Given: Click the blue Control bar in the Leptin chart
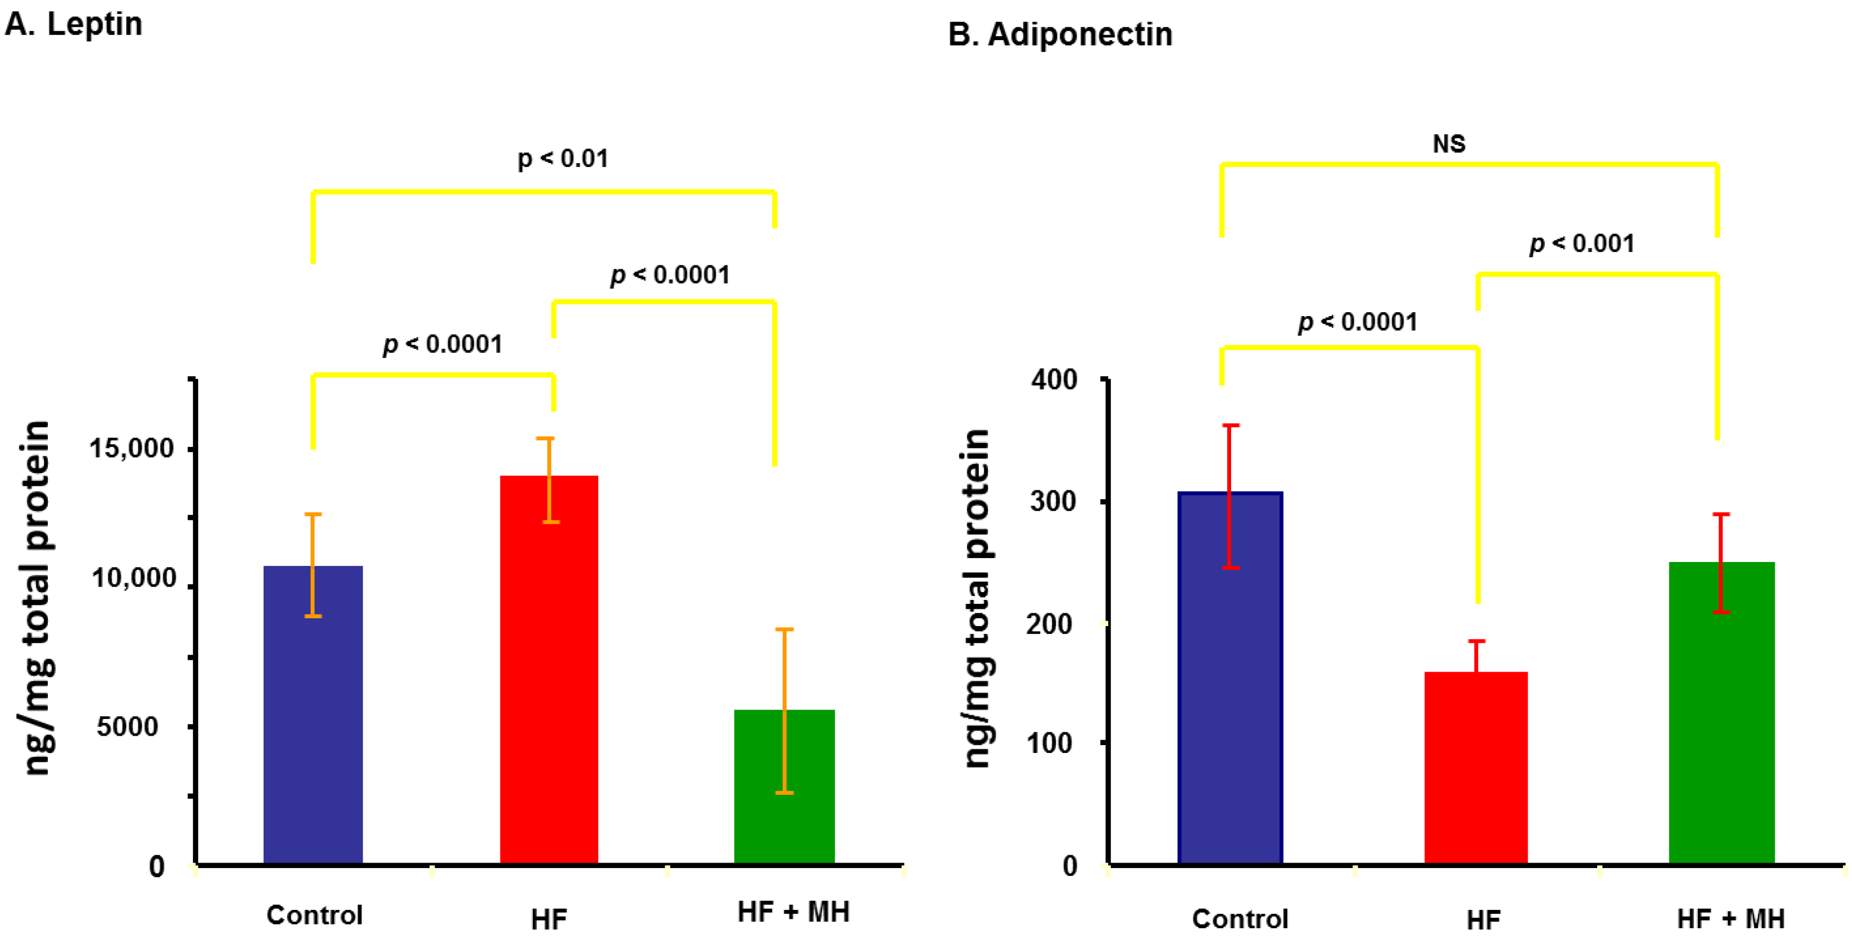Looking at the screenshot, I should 313,719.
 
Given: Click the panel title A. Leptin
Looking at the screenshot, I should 73,24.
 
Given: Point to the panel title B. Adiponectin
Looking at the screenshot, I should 1060,35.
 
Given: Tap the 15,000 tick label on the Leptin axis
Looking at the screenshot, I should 131,449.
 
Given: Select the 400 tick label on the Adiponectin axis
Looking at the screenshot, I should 1054,380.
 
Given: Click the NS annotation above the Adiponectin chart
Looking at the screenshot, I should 1449,144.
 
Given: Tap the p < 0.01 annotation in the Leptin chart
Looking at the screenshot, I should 563,158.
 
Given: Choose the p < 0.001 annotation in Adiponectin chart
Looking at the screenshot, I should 1582,244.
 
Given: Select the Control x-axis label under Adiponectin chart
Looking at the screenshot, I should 1239,919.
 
